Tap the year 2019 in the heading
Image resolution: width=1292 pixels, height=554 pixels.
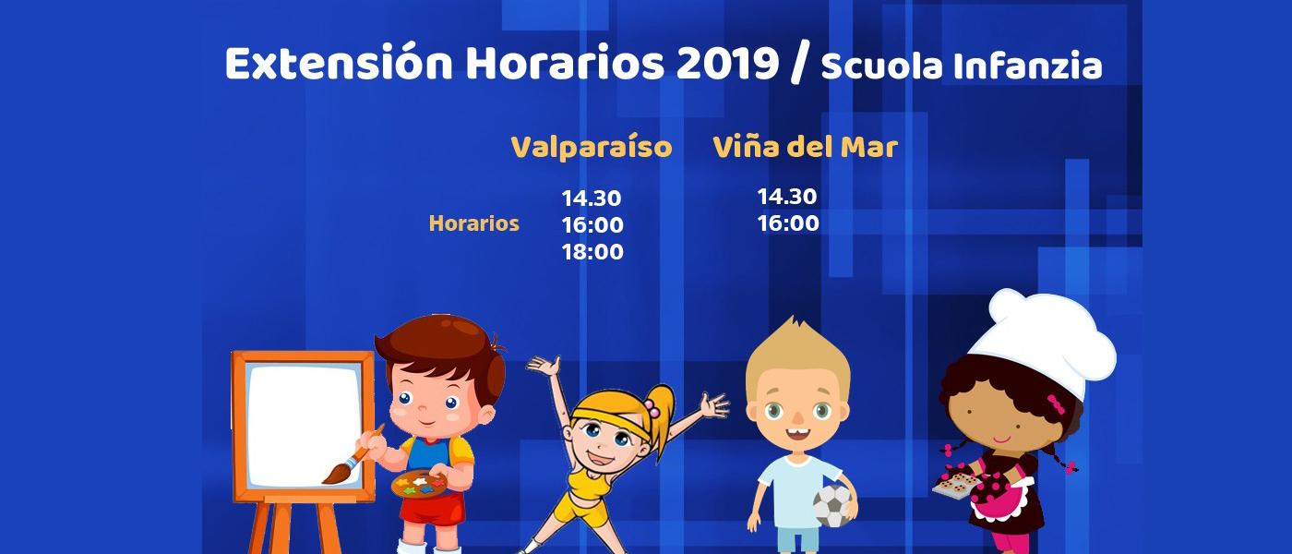point(728,63)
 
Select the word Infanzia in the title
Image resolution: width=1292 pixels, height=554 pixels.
point(1027,66)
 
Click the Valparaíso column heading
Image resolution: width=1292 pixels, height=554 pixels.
point(592,147)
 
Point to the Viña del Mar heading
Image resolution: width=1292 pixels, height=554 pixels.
point(805,147)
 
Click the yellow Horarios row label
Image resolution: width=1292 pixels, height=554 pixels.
point(473,223)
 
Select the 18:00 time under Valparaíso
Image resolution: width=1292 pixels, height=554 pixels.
point(592,251)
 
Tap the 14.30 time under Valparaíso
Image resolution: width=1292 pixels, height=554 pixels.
point(592,198)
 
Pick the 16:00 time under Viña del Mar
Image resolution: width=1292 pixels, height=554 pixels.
point(788,223)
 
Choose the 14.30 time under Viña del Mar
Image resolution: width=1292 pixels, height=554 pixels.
point(786,197)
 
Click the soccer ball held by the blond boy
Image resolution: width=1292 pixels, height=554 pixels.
point(833,506)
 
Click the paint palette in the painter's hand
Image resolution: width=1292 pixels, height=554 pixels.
point(419,484)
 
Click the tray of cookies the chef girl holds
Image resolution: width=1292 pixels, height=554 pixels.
point(955,484)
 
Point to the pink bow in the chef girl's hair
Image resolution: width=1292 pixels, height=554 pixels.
point(1055,403)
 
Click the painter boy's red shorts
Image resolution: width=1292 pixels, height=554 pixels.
point(432,509)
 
